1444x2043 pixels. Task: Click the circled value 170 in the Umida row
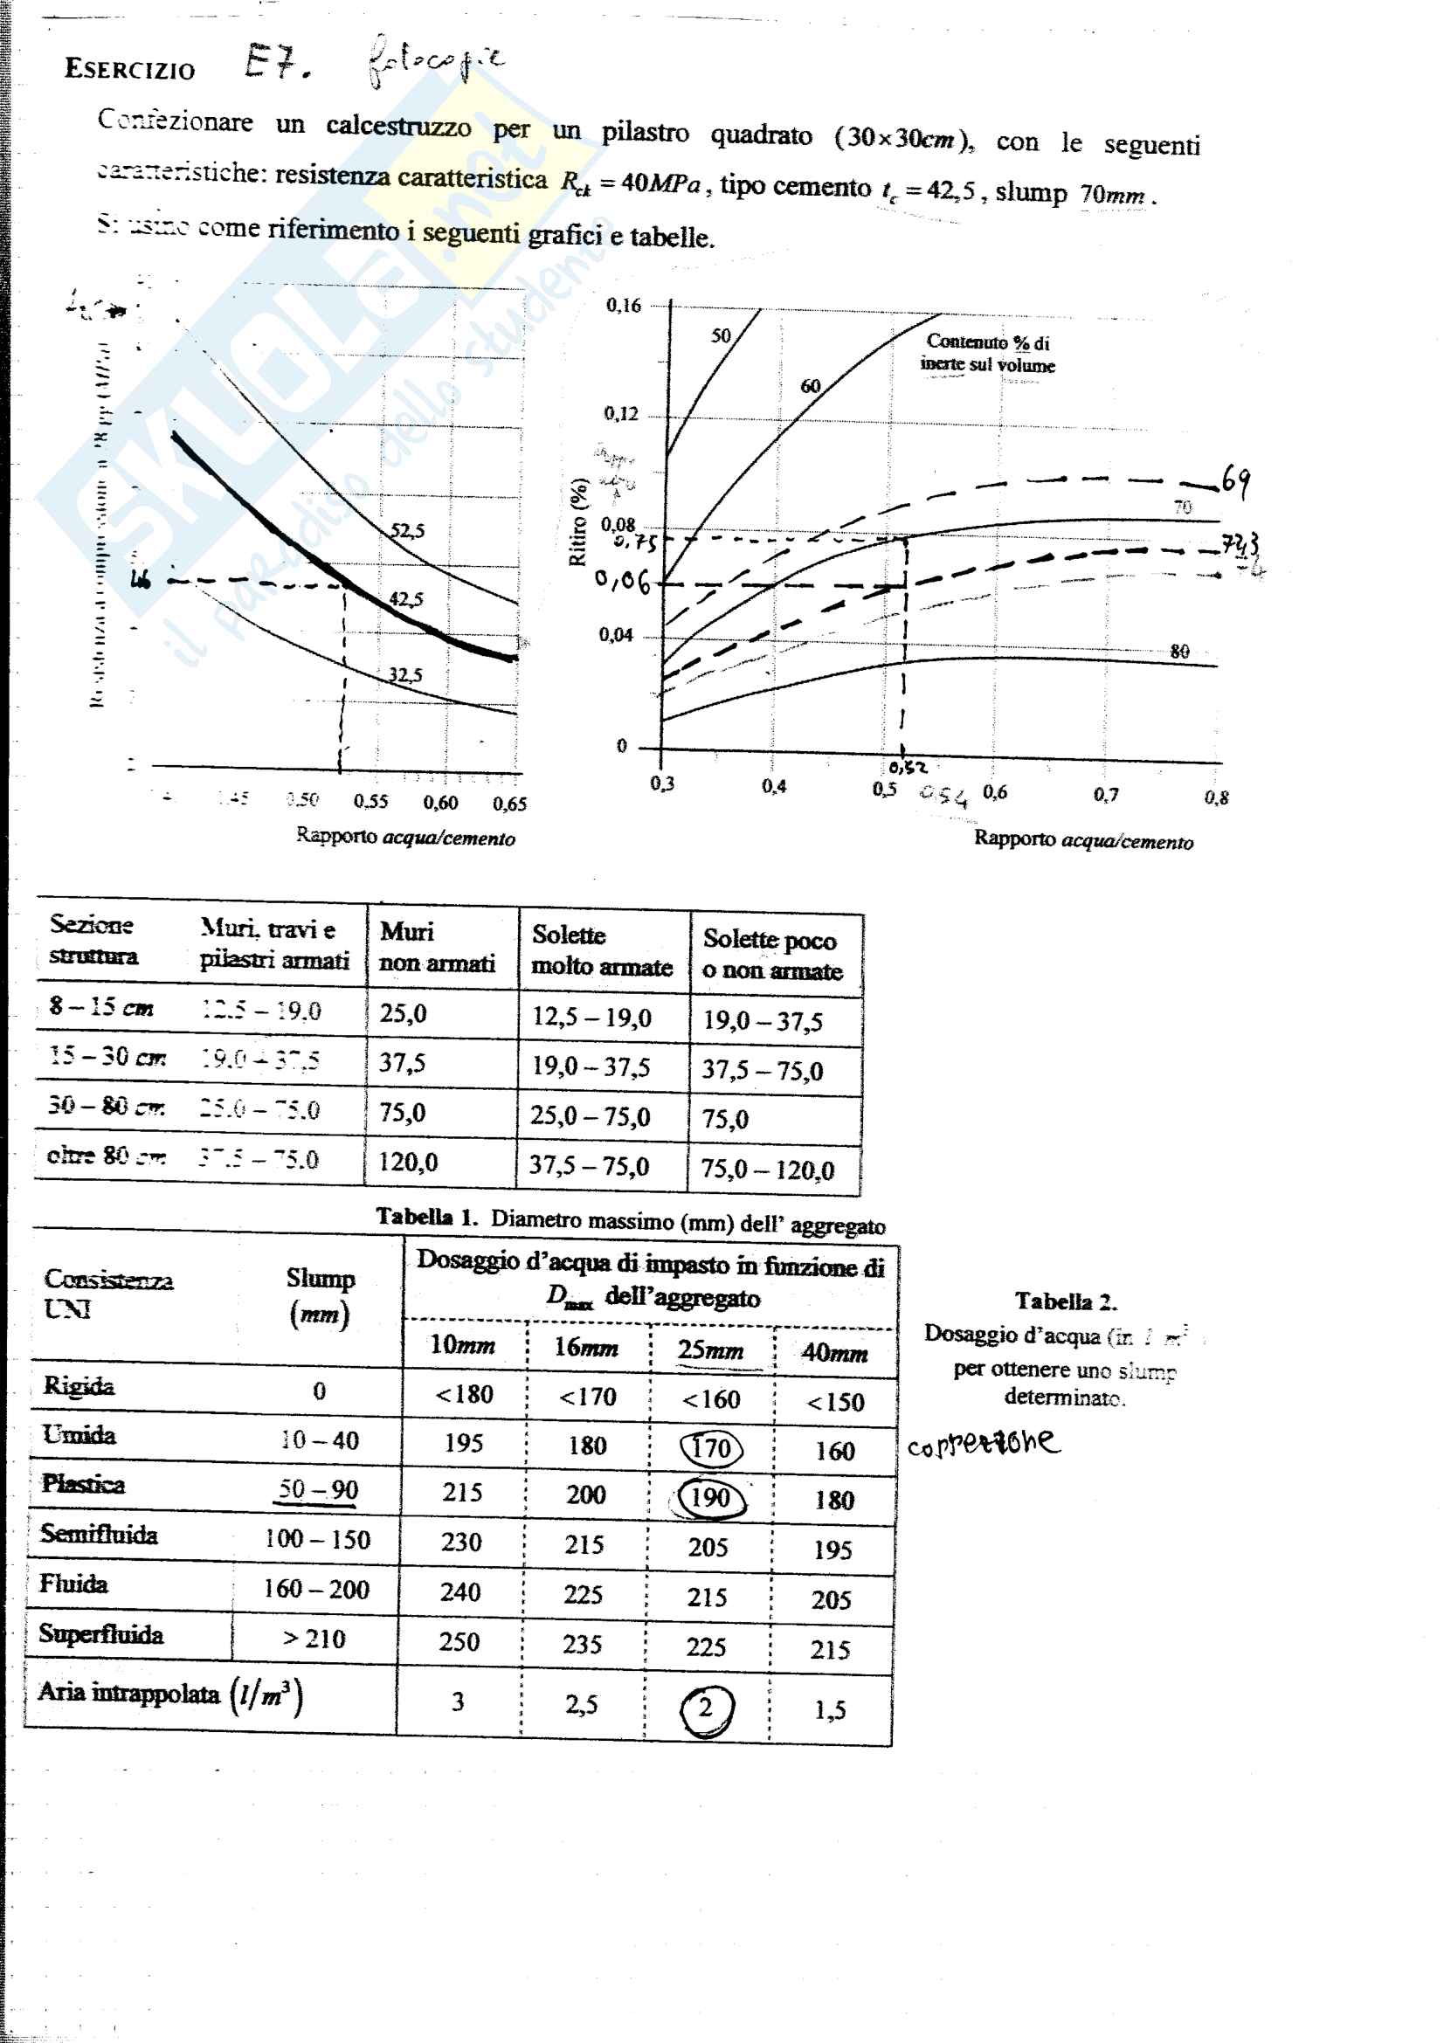coord(710,1448)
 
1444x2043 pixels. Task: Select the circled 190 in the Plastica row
coord(711,1498)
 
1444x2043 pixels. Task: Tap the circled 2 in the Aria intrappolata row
coord(706,1708)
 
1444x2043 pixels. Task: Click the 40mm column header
coord(833,1353)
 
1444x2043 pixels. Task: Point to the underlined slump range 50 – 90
coord(318,1489)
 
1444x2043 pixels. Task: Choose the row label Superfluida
coord(100,1634)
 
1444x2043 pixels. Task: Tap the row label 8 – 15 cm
coord(100,1007)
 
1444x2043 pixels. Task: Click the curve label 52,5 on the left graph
coord(407,531)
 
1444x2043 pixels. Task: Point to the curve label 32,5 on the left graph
coord(404,675)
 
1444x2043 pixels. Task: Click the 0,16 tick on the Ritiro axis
coord(623,306)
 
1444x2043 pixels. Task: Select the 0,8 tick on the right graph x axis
coord(1216,797)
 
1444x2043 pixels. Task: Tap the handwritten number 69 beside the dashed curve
coord(1235,480)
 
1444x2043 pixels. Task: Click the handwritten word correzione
coord(983,1442)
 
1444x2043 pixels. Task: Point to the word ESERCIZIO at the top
coord(130,69)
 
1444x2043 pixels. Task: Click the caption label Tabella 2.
coord(1065,1301)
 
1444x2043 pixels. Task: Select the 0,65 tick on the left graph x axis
coord(510,804)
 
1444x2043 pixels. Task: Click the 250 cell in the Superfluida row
coord(459,1642)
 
